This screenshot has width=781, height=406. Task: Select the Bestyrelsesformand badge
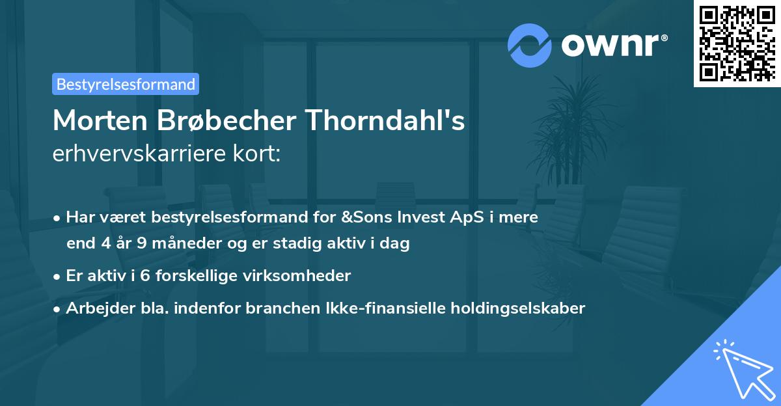pyautogui.click(x=126, y=84)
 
